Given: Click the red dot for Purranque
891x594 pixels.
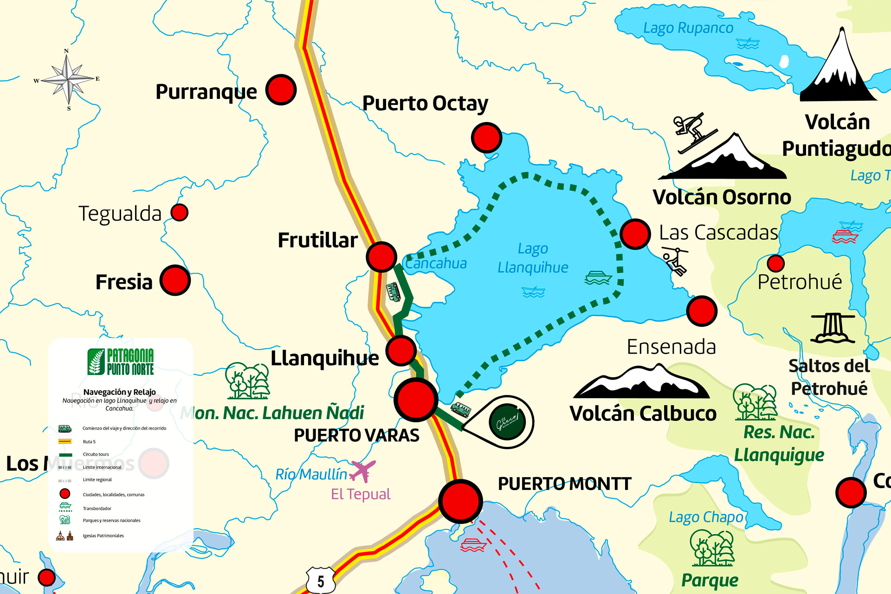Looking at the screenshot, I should tap(281, 89).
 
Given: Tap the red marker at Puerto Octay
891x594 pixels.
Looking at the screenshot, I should tap(486, 137).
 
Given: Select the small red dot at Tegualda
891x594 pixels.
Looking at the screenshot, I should tap(179, 213).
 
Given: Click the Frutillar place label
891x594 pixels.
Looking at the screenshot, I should tap(318, 240).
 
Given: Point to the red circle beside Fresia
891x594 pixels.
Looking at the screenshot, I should tap(175, 280).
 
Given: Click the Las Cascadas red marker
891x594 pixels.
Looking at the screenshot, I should tap(635, 234).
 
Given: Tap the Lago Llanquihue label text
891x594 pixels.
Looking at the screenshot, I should tap(533, 258).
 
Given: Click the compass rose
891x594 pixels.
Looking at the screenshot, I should tap(69, 79).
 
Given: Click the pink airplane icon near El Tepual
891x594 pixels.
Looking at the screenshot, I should tap(362, 471).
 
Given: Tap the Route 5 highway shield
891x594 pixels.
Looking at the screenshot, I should tap(321, 580).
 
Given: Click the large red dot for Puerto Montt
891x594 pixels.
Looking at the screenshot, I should tap(460, 501).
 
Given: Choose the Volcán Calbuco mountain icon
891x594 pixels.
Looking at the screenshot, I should tap(642, 382).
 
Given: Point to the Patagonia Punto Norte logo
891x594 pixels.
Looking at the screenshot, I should tap(121, 362).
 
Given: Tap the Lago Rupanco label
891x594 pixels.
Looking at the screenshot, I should tap(688, 28).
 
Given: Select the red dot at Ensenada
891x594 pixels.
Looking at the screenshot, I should tap(702, 311).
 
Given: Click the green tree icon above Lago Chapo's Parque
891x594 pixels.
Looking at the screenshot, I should tap(712, 548).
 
